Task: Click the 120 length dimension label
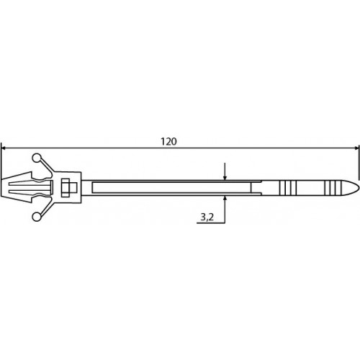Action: tap(168, 141)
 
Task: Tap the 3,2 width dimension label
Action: tap(207, 217)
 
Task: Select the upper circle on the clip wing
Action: tap(37, 158)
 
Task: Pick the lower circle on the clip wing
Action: tap(37, 217)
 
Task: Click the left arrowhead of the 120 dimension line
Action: tap(4, 148)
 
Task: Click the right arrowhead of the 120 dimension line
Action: tap(356, 148)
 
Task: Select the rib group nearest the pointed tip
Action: tap(330, 187)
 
